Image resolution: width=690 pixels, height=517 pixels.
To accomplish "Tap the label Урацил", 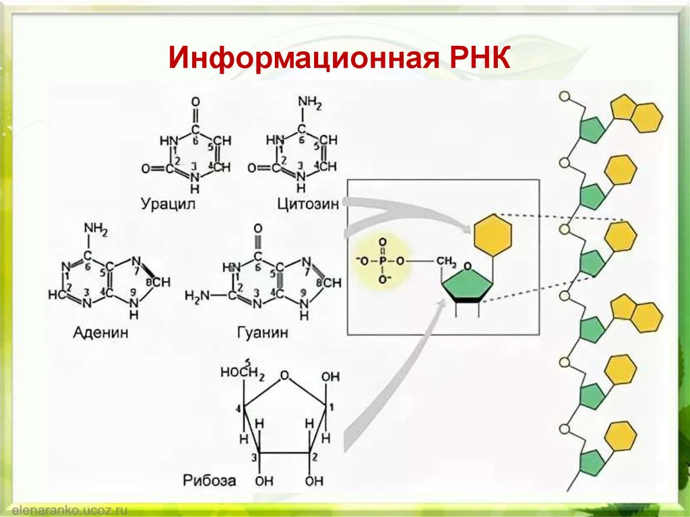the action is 168,203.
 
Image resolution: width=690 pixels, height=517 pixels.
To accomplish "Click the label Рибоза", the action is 209,481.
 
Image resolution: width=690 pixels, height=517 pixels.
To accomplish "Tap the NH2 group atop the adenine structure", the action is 96,231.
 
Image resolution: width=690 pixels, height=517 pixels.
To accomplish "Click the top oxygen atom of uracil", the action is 195,102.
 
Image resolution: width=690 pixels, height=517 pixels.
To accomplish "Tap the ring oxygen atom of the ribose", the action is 284,375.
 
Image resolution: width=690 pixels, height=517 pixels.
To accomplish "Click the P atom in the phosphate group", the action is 382,260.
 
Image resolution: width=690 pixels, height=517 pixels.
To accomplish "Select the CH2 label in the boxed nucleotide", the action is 447,261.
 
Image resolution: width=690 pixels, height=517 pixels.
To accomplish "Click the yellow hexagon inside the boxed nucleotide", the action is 493,235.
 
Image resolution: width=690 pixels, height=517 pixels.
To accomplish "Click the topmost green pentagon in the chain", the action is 591,129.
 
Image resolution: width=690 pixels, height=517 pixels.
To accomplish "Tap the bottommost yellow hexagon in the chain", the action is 621,435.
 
